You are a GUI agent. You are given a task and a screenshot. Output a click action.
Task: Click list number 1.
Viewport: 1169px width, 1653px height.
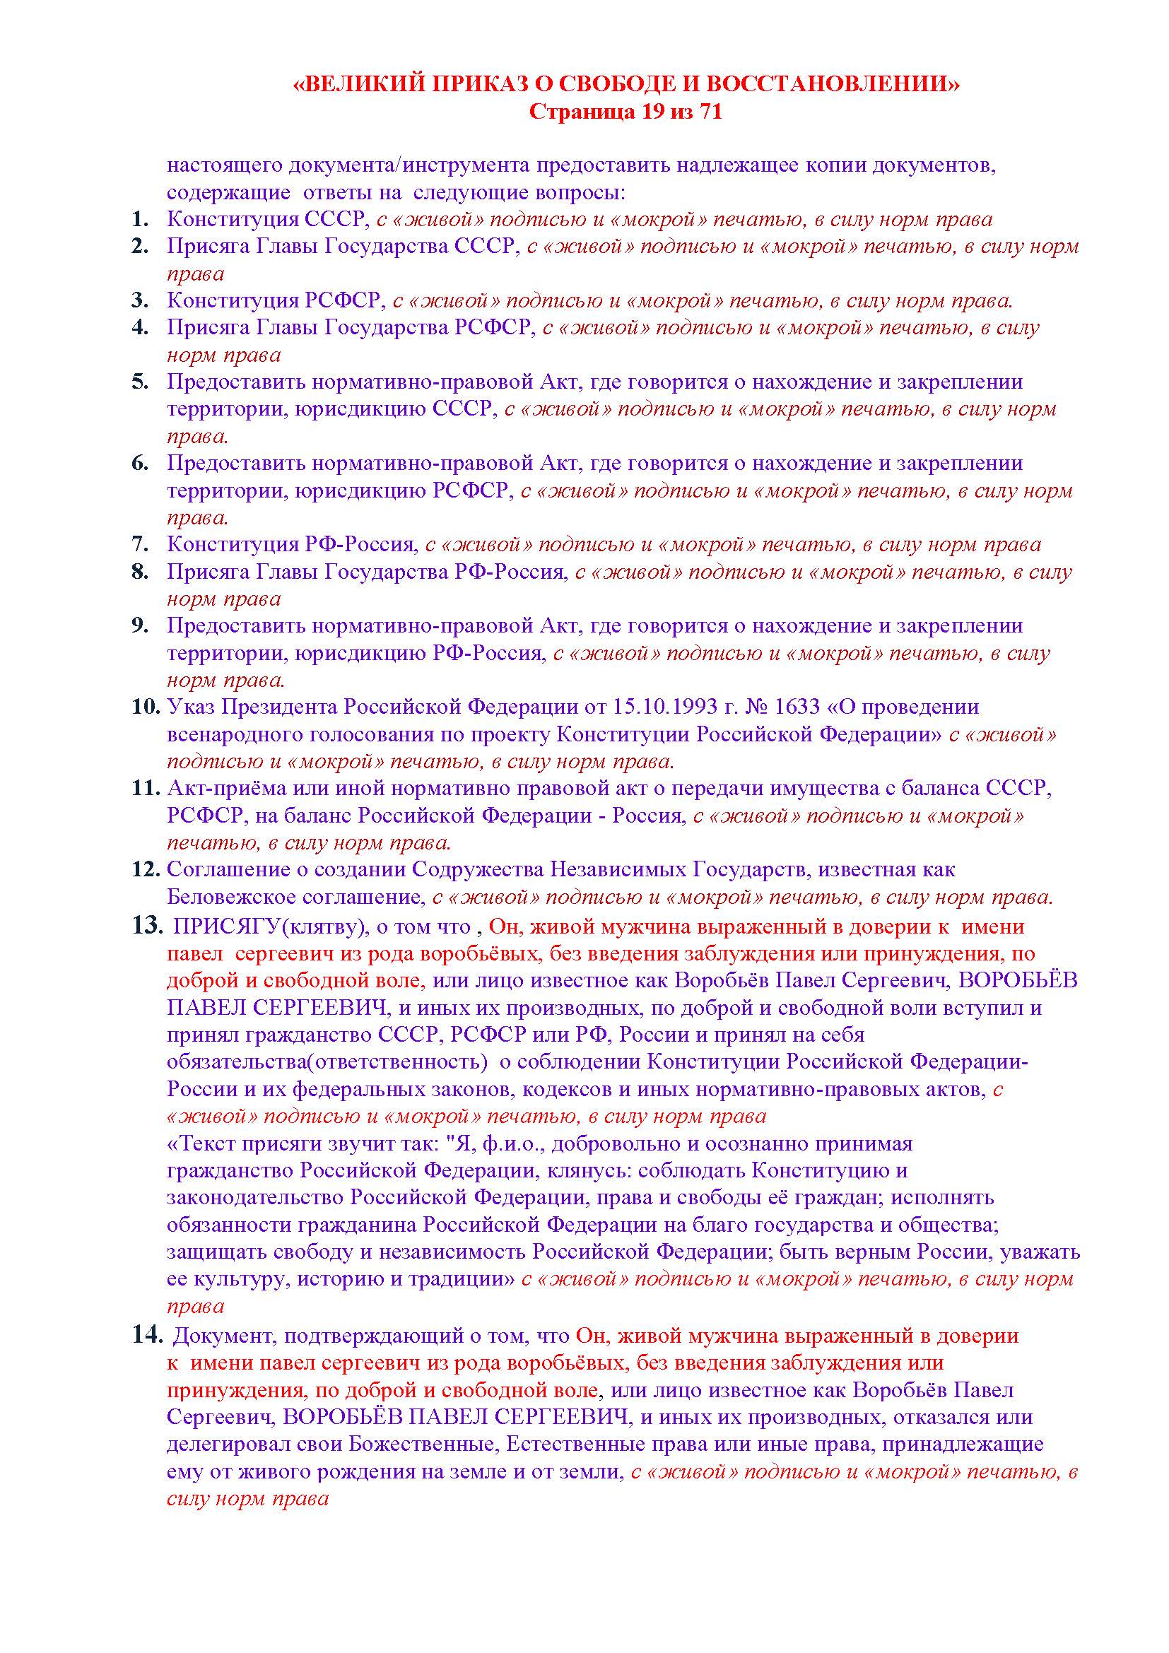(140, 219)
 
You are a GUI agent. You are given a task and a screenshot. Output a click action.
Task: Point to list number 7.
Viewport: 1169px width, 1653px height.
(140, 544)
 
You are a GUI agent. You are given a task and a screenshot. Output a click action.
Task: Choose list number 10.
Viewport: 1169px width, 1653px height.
(146, 707)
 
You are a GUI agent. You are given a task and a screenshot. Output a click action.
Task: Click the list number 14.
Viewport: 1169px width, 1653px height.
(146, 1336)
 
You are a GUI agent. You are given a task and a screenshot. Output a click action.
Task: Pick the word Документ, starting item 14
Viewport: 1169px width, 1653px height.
(225, 1337)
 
